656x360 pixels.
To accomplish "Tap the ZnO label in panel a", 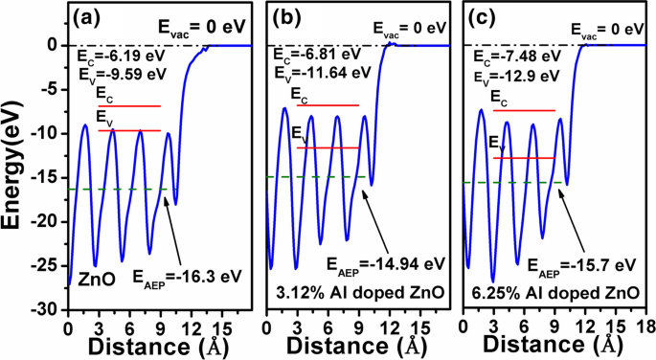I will [98, 279].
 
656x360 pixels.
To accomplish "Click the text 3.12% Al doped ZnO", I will [360, 291].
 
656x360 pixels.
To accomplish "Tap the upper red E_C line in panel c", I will [524, 110].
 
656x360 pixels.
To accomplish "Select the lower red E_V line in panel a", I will [129, 129].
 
